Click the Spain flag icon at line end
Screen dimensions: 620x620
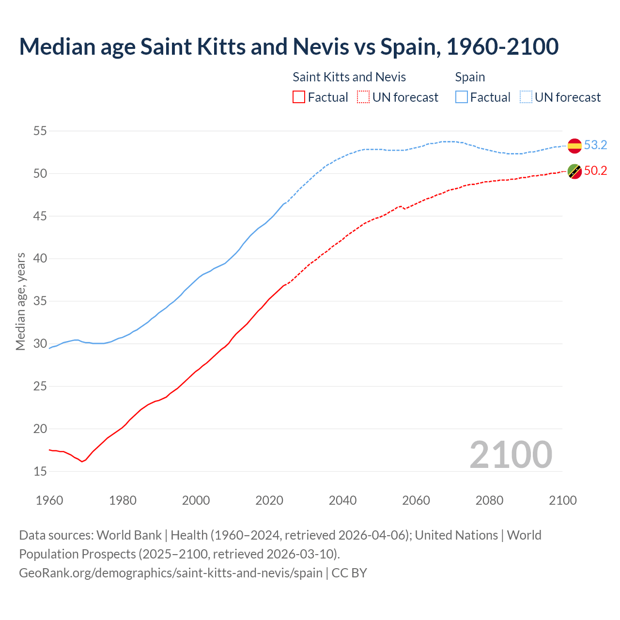tap(574, 145)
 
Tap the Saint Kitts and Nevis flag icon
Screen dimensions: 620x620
tap(574, 171)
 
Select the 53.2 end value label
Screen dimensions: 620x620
tap(595, 145)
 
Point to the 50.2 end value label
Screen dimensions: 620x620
tap(595, 171)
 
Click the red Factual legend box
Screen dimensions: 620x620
tap(299, 97)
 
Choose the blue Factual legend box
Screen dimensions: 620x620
tap(462, 97)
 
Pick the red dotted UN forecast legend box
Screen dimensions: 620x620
tap(363, 97)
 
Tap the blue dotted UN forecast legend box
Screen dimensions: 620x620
tap(526, 97)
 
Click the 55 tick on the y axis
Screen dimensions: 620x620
tap(40, 131)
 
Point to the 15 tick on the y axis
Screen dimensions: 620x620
tap(40, 471)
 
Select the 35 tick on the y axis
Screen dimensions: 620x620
tap(40, 301)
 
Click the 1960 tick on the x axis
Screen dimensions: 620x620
tap(49, 500)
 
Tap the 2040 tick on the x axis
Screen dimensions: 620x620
tap(342, 500)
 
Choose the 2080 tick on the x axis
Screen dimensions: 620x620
tap(489, 500)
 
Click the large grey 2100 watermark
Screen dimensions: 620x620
tap(511, 455)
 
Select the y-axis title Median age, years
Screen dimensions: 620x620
tap(20, 301)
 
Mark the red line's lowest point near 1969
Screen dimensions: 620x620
tap(82, 462)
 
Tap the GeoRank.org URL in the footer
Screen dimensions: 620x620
tap(170, 573)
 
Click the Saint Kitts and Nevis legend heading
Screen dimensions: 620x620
tap(349, 77)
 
